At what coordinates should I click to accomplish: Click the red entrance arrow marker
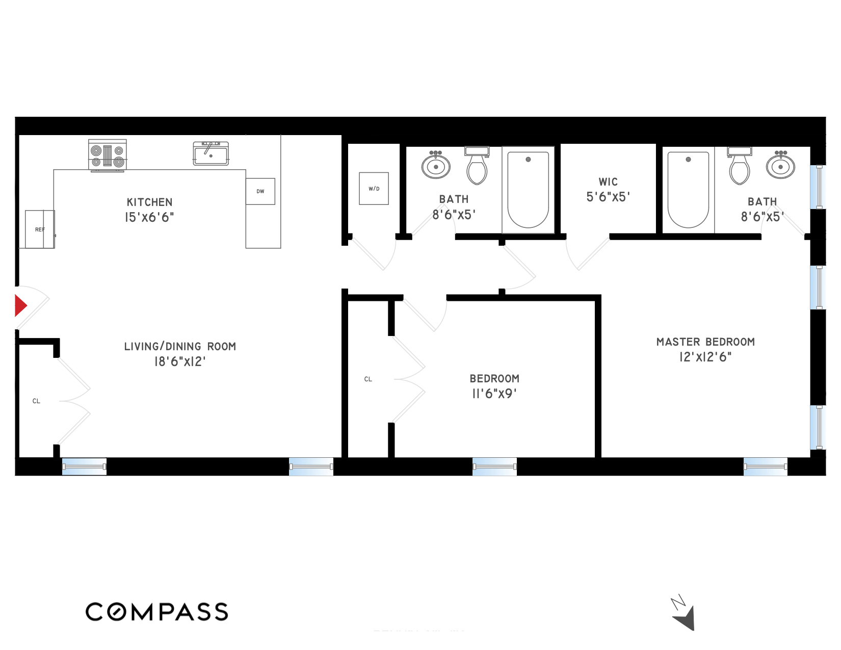click(20, 306)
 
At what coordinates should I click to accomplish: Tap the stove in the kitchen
click(108, 155)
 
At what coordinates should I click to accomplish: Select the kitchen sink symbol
click(211, 153)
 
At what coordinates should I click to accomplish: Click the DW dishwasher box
click(260, 191)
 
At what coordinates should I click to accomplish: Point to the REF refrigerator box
click(40, 229)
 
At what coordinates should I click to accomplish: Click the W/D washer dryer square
click(374, 189)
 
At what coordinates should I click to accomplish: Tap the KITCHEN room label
click(149, 202)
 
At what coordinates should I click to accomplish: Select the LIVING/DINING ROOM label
click(180, 347)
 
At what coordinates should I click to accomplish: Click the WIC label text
click(608, 182)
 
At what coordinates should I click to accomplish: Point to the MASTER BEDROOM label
click(705, 342)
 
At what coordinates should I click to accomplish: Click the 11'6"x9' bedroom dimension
click(494, 394)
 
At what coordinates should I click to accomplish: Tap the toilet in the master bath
click(739, 166)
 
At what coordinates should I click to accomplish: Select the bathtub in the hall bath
click(528, 190)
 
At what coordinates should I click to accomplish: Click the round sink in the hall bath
click(436, 166)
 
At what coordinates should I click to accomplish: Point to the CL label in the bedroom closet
click(368, 379)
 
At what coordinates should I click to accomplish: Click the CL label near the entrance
click(36, 401)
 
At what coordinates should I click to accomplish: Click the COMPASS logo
click(156, 612)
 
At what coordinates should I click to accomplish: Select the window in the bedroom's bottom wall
click(494, 466)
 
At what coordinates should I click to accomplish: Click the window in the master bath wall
click(819, 187)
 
